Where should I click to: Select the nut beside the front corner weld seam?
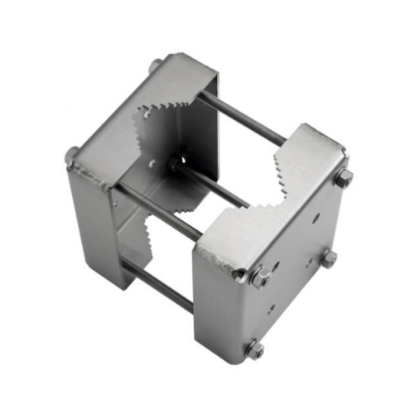tap(259, 278)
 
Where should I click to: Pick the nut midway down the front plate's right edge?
tap(328, 259)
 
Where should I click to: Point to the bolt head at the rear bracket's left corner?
tap(73, 156)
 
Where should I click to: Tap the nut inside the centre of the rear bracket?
tap(175, 163)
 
